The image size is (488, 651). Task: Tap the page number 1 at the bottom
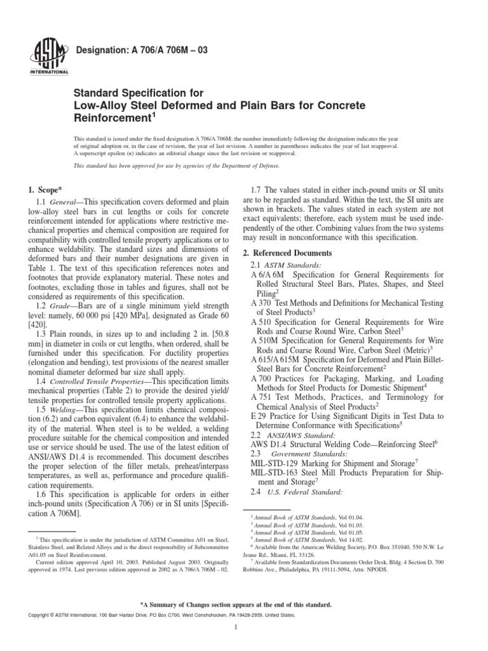click(x=236, y=629)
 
